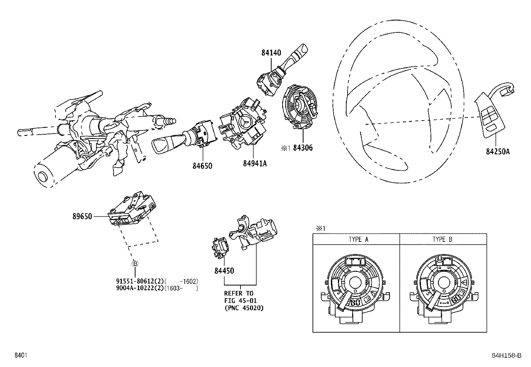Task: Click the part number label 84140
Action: click(271, 53)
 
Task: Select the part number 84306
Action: click(303, 148)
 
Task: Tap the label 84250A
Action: click(498, 152)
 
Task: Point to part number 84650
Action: click(202, 166)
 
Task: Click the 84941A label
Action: click(255, 163)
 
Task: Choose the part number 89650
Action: click(82, 216)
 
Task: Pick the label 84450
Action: click(224, 271)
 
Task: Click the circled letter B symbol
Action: click(135, 264)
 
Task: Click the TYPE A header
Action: click(359, 239)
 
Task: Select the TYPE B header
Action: click(442, 239)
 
